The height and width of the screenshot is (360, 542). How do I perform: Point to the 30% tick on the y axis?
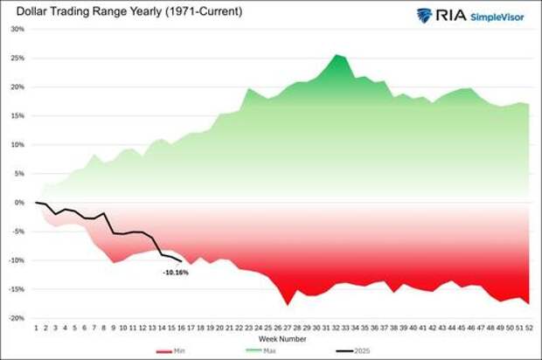tap(17, 29)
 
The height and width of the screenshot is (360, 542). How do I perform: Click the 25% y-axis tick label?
tap(17, 58)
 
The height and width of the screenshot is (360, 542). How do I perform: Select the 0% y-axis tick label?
tap(19, 202)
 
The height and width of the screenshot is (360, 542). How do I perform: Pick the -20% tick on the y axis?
tap(17, 318)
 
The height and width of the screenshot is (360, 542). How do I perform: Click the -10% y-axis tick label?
tap(17, 260)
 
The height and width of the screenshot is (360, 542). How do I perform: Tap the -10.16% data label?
tap(175, 272)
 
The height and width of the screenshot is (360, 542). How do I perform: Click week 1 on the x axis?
tap(36, 327)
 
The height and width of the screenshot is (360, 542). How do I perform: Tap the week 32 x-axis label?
tap(335, 327)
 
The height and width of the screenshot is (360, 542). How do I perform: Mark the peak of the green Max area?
tap(336, 55)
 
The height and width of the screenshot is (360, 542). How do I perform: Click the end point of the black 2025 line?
tap(181, 260)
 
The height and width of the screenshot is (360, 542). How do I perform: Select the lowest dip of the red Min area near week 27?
tap(286, 304)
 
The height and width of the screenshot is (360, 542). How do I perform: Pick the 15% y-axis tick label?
tap(17, 115)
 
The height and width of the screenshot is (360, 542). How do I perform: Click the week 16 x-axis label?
tap(181, 327)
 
